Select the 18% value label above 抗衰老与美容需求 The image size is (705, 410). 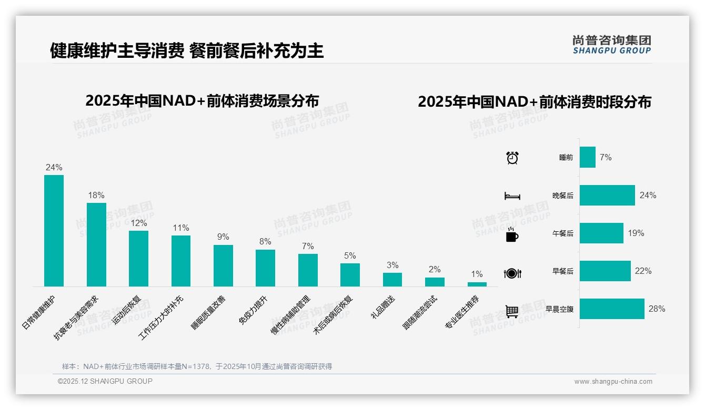click(96, 196)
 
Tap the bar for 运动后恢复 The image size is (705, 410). click(138, 258)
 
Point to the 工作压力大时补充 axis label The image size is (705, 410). click(162, 317)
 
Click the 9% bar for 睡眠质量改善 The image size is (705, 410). click(223, 265)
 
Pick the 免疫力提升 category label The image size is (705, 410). click(254, 310)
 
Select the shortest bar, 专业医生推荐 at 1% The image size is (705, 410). click(477, 284)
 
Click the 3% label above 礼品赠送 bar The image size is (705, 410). click(392, 265)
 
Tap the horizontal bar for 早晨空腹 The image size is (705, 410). click(611, 309)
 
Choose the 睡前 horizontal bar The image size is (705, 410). click(587, 157)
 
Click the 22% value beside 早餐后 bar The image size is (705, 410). click(643, 271)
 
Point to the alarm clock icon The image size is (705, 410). click(512, 158)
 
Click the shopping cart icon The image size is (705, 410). click(512, 311)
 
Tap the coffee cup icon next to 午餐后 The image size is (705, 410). click(512, 234)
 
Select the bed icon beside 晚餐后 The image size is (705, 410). click(512, 196)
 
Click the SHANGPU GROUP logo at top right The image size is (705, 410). click(611, 45)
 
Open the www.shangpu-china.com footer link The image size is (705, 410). click(613, 382)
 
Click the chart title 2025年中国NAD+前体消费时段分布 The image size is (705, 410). click(535, 102)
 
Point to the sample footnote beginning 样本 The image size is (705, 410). click(197, 366)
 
